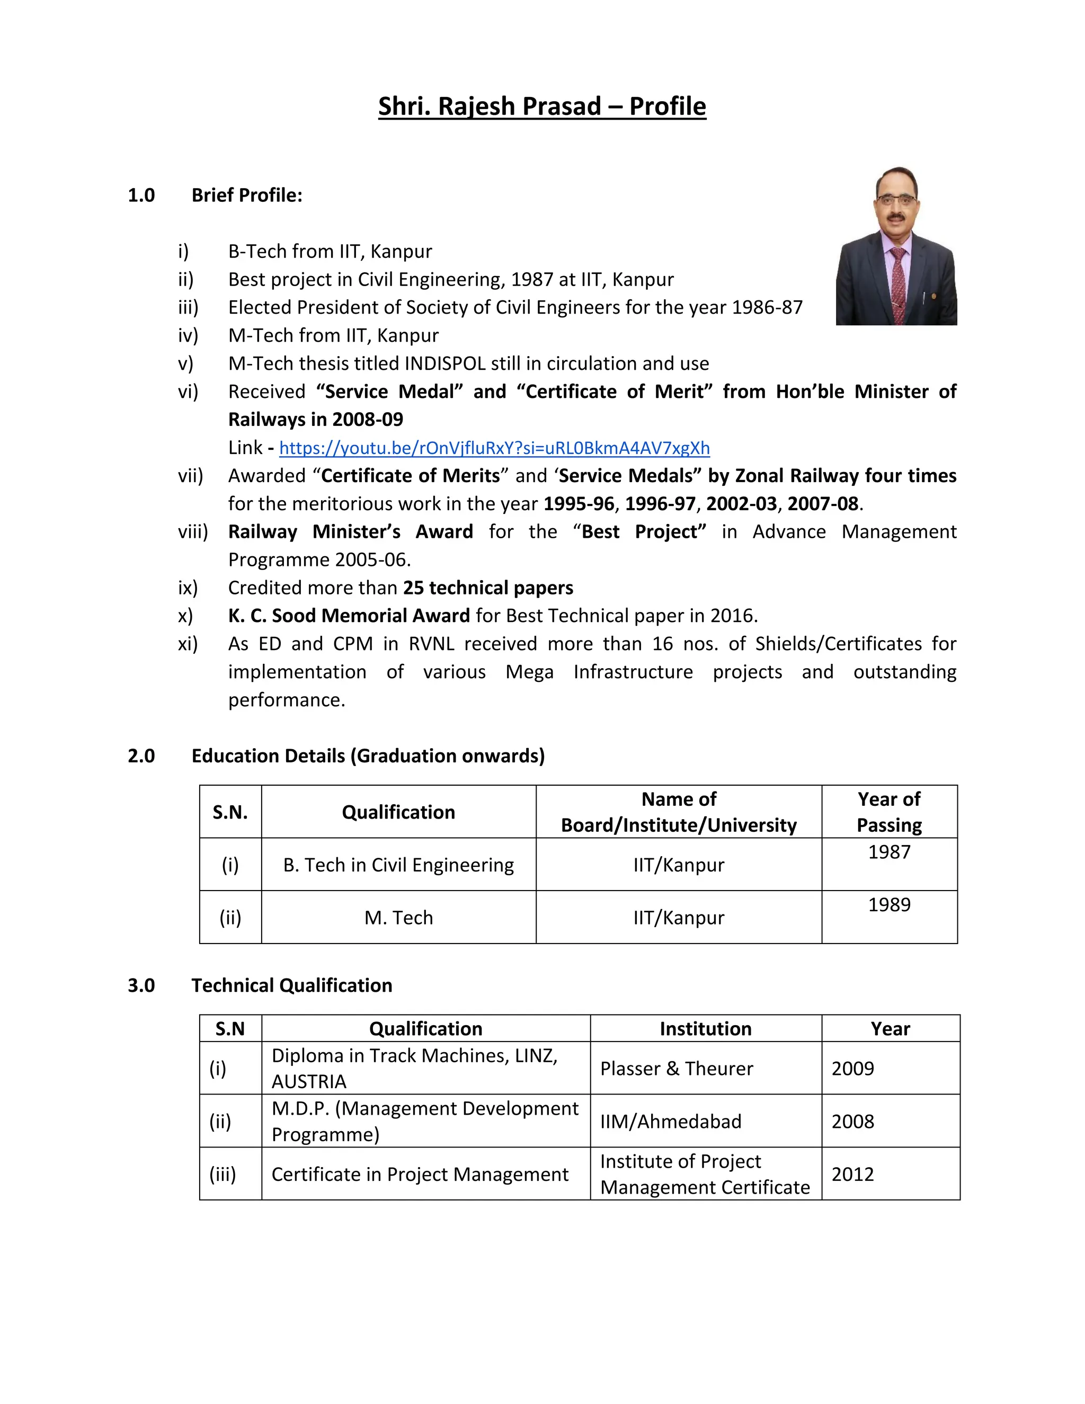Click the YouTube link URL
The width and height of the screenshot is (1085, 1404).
(494, 448)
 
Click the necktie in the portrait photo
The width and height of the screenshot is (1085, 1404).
(898, 283)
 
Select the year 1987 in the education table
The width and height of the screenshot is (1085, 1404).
(889, 852)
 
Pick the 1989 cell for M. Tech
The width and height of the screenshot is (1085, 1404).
(889, 904)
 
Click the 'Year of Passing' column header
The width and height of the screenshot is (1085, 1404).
(889, 812)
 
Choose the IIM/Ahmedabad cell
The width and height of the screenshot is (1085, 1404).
(670, 1121)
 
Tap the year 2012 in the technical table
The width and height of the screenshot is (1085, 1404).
(852, 1174)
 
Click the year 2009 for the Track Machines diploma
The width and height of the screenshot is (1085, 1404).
(852, 1069)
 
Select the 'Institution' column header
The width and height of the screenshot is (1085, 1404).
(705, 1028)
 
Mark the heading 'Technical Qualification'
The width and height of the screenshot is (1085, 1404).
(291, 985)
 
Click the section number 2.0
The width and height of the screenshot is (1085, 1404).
(141, 756)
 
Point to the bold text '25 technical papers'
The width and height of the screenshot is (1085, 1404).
(488, 588)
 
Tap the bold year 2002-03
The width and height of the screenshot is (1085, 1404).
(741, 503)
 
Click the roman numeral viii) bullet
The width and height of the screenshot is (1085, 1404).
(193, 531)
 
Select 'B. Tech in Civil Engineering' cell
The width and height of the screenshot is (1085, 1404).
(398, 865)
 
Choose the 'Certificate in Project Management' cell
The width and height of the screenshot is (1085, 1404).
(420, 1174)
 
